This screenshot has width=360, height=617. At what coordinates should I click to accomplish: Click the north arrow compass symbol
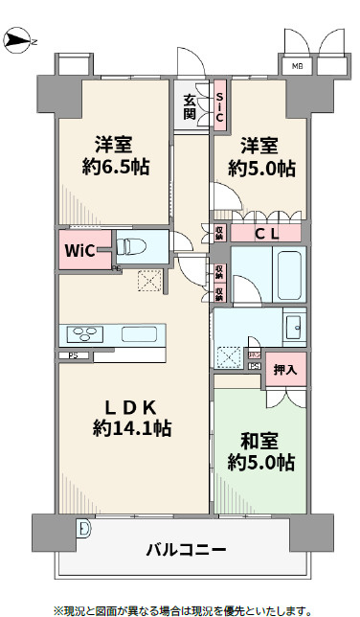pyautogui.click(x=19, y=40)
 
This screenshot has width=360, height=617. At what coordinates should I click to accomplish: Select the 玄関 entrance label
pyautogui.click(x=190, y=105)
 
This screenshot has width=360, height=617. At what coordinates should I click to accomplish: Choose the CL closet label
pyautogui.click(x=266, y=233)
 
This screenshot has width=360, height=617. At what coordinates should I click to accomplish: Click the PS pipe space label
pyautogui.click(x=72, y=356)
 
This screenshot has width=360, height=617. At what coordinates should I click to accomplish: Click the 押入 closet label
pyautogui.click(x=284, y=369)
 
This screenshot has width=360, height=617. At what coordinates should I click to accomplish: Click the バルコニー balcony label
pyautogui.click(x=186, y=551)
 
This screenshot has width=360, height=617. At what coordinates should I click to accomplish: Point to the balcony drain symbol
pyautogui.click(x=85, y=528)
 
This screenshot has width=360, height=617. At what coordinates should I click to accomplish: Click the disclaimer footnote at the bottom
pyautogui.click(x=182, y=608)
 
